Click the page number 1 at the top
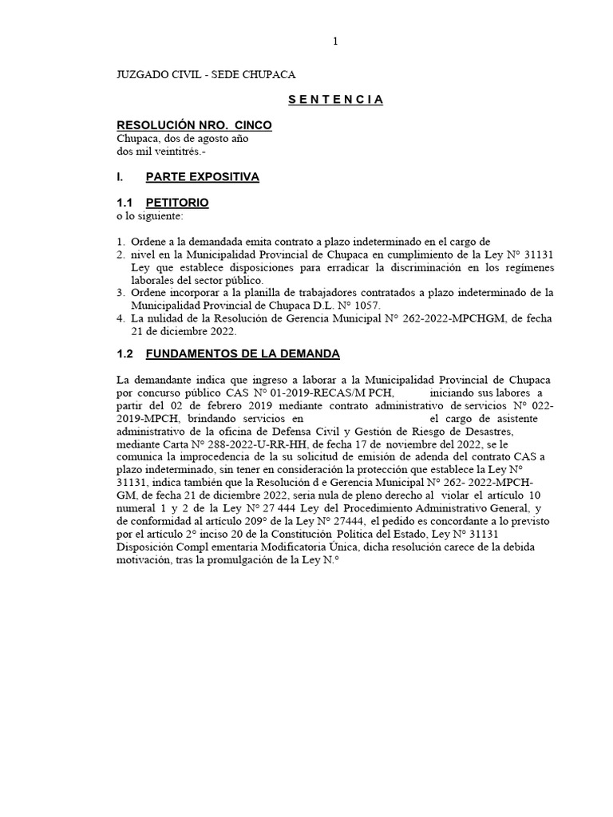pos(337,42)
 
